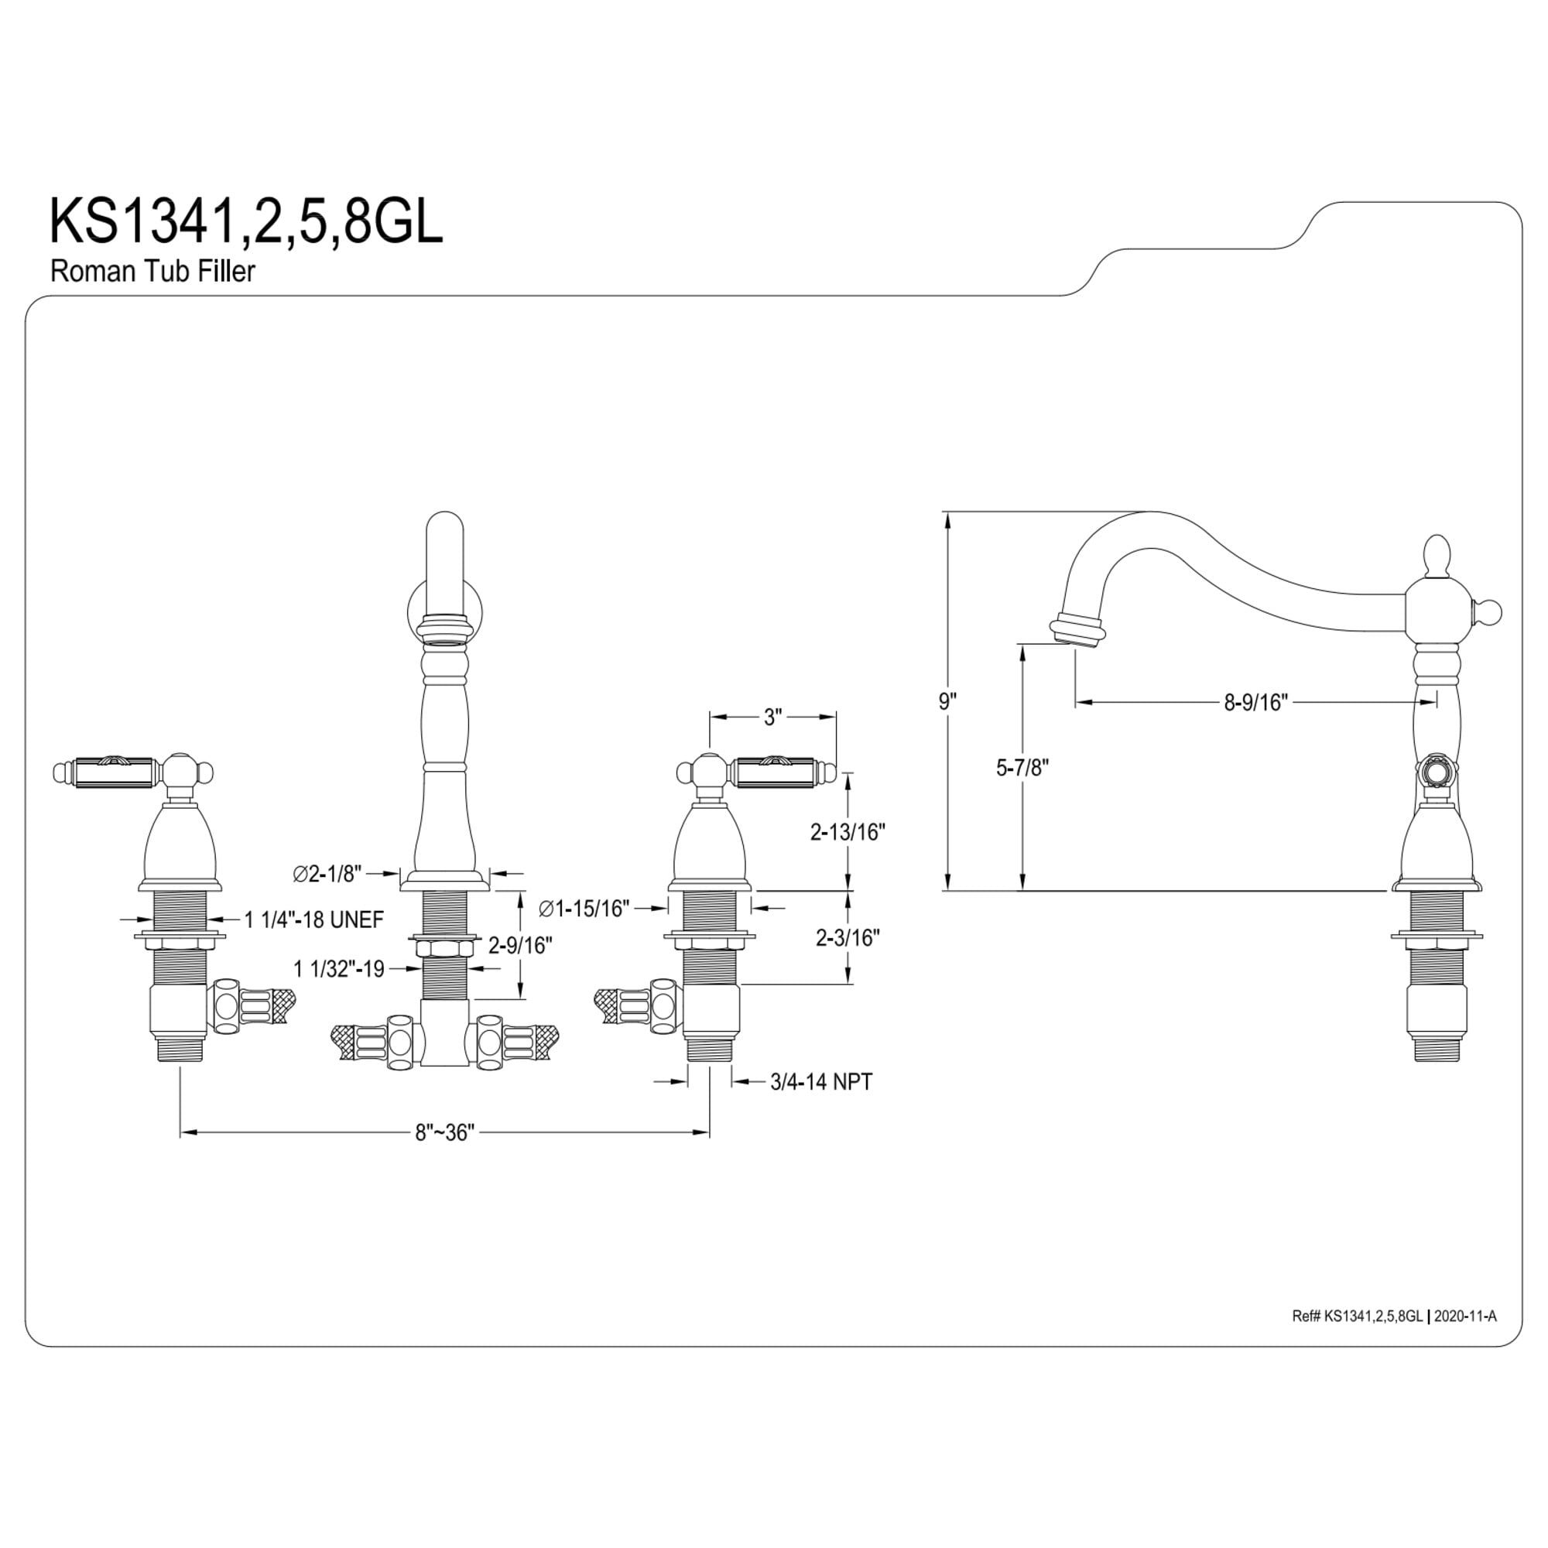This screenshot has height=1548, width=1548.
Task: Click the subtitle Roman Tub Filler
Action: [x=152, y=271]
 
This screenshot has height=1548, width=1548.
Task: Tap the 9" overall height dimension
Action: [x=948, y=702]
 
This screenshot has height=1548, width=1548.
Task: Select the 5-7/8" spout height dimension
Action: [x=1022, y=768]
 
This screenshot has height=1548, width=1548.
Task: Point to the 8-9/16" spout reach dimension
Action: [x=1255, y=703]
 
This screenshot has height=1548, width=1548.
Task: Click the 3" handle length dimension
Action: [x=772, y=717]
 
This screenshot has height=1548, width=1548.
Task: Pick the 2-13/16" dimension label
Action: [x=848, y=833]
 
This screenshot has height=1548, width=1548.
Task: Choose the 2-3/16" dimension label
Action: [x=848, y=937]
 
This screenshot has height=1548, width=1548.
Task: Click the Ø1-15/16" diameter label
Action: [x=584, y=909]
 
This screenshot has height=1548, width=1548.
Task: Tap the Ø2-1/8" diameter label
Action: [x=327, y=873]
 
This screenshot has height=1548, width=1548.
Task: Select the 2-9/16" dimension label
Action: [x=521, y=946]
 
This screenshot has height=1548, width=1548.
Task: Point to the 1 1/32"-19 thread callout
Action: [x=340, y=970]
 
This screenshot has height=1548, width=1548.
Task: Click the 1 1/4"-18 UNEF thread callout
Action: [x=314, y=920]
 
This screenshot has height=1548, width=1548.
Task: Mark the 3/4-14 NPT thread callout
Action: [x=821, y=1082]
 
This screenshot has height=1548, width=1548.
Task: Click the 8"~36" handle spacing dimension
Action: [x=445, y=1132]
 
